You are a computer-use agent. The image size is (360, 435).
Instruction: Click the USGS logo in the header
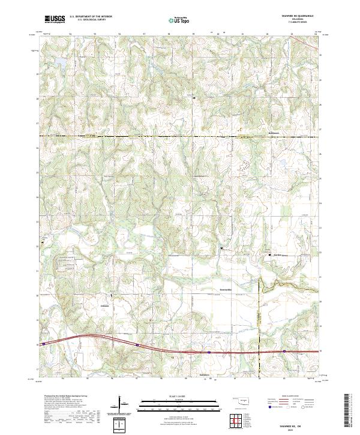(x=55, y=20)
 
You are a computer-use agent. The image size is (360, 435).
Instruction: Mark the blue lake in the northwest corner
(x=60, y=62)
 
